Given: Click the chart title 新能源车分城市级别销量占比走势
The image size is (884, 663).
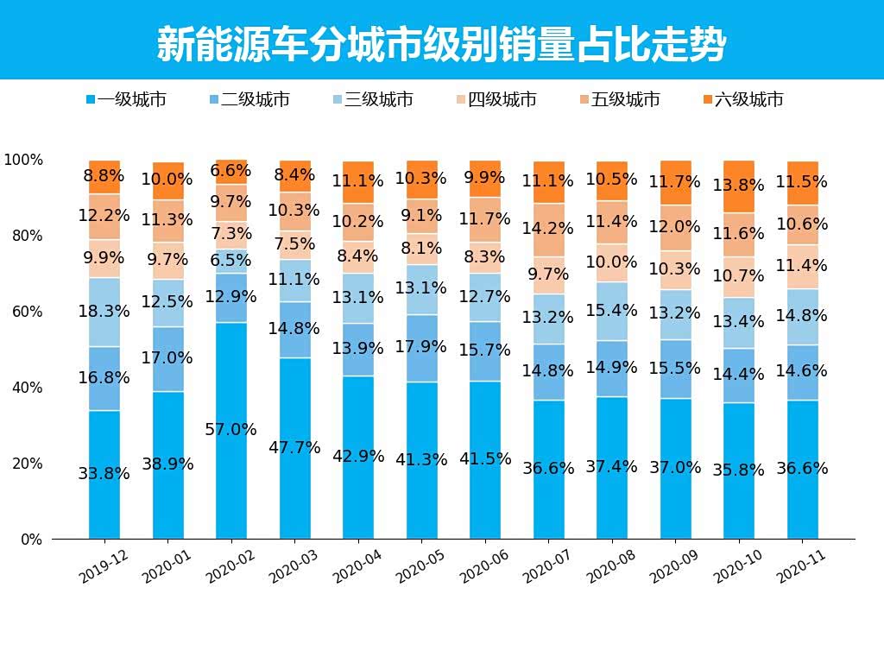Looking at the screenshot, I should pyautogui.click(x=441, y=43).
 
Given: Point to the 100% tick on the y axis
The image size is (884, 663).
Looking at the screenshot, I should pyautogui.click(x=23, y=160).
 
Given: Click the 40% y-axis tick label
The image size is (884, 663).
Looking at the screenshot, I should pyautogui.click(x=26, y=388).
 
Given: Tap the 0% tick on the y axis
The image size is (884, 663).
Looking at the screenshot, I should pyautogui.click(x=31, y=540).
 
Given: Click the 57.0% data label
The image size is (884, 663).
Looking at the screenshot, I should pyautogui.click(x=231, y=429).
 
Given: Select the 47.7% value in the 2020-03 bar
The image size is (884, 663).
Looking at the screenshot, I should pyautogui.click(x=294, y=447).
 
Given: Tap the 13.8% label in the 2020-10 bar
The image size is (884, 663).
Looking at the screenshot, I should pyautogui.click(x=739, y=185).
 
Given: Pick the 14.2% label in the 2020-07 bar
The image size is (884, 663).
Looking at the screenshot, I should pyautogui.click(x=547, y=229).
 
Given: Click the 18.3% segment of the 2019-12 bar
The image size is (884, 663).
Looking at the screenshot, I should pyautogui.click(x=104, y=311).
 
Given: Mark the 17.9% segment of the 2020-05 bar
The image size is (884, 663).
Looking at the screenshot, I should pyautogui.click(x=421, y=347).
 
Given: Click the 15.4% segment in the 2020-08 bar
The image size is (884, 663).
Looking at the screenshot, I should pyautogui.click(x=612, y=310).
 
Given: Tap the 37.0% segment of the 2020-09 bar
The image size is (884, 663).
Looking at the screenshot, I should pyautogui.click(x=675, y=467).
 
